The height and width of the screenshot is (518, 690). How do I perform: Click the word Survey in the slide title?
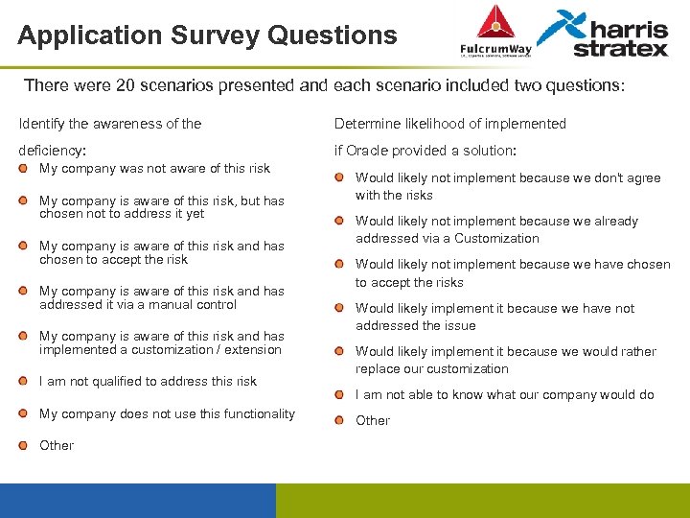[x=217, y=35]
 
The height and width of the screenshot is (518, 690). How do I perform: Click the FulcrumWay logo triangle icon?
[x=495, y=22]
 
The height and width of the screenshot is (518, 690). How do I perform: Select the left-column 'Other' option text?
[x=57, y=445]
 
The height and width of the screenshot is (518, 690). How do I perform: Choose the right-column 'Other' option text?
[x=373, y=420]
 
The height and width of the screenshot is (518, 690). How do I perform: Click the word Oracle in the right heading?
[x=368, y=151]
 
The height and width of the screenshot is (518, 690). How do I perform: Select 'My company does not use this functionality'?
[x=167, y=413]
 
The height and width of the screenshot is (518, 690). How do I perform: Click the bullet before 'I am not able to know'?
[x=340, y=395]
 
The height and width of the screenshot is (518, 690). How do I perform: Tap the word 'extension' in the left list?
[x=252, y=349]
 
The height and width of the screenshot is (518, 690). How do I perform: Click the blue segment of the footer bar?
[x=137, y=500]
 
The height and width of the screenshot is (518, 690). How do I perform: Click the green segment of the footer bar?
[x=482, y=500]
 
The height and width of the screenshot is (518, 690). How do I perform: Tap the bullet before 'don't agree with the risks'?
[x=340, y=178]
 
